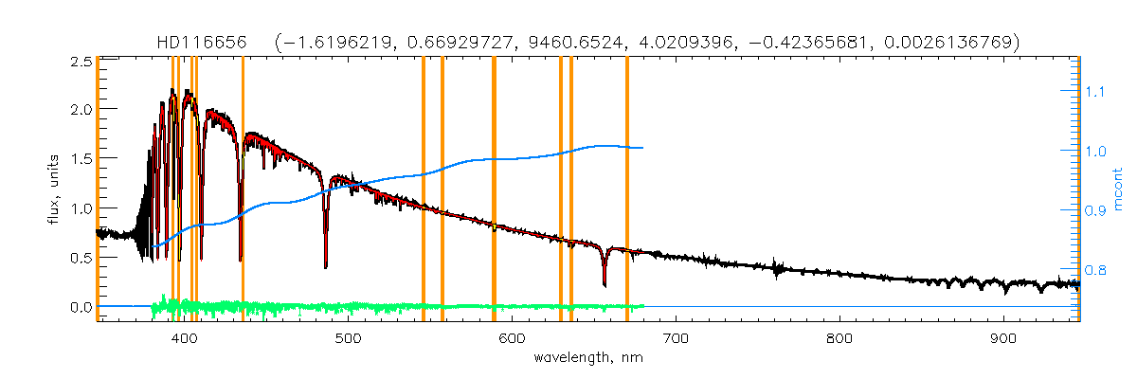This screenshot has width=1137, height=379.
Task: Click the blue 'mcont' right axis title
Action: click(1117, 188)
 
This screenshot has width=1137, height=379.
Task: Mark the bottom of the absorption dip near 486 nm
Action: click(326, 266)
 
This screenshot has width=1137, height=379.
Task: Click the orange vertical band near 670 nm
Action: click(627, 189)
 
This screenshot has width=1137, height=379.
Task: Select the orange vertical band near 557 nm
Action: click(442, 189)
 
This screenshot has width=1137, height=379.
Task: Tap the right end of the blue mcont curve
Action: click(643, 148)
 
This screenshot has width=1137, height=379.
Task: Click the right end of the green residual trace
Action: click(643, 306)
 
